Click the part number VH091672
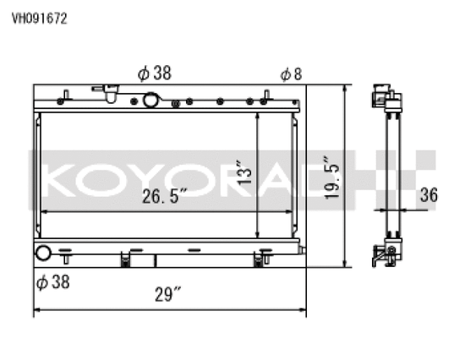pyautogui.click(x=40, y=19)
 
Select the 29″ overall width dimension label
pyautogui.click(x=168, y=294)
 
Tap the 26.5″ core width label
pyautogui.click(x=164, y=196)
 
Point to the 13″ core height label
pyautogui.click(x=244, y=172)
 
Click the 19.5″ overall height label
pyautogui.click(x=331, y=177)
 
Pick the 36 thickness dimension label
pyautogui.click(x=429, y=195)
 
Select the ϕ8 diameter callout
pyautogui.click(x=291, y=74)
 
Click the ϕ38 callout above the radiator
pyautogui.click(x=155, y=73)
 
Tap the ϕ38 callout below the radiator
pyautogui.click(x=53, y=281)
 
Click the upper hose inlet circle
pyautogui.click(x=150, y=100)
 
